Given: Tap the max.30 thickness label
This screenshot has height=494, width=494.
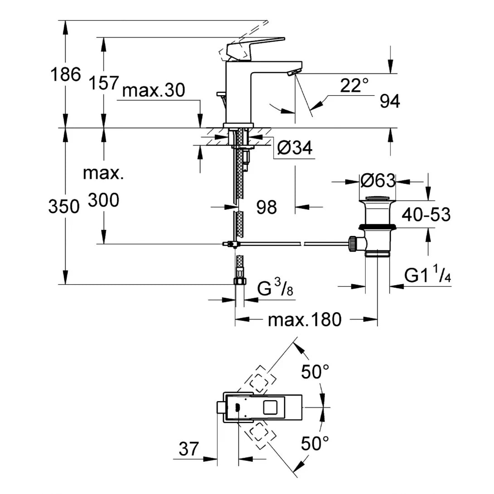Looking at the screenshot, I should [154, 91].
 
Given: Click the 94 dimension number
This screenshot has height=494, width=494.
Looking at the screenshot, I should [390, 102].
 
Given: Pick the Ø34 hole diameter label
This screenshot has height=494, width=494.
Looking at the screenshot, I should [294, 148].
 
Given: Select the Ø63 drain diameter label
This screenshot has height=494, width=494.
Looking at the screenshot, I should [378, 181].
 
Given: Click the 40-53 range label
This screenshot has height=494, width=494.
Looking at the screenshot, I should [426, 215].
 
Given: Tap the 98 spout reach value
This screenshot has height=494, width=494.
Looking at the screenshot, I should [266, 208].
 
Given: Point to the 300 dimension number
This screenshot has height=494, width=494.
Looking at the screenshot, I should [103, 200].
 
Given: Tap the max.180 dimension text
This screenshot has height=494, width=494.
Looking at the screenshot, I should [304, 320].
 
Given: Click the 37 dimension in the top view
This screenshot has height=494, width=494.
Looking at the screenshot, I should [189, 449].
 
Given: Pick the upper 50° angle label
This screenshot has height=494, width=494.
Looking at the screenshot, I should [315, 373].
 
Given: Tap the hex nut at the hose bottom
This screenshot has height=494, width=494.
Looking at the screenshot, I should [239, 281].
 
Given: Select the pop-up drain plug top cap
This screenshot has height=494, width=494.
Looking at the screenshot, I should [378, 198].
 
